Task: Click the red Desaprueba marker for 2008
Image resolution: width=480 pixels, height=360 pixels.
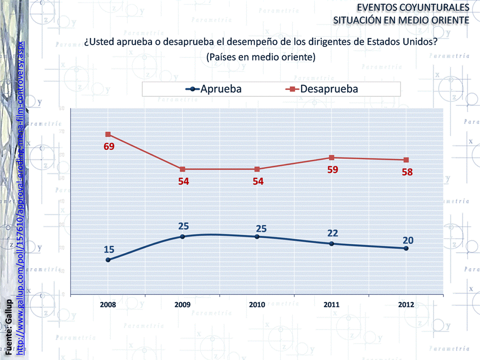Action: pos(108,134)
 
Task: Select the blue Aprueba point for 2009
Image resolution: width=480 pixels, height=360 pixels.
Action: pos(183,236)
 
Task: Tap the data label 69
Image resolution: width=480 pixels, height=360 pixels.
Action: pos(109,147)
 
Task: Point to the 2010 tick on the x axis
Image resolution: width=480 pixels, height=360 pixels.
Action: pos(257,304)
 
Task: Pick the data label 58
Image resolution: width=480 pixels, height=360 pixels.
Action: pos(407,172)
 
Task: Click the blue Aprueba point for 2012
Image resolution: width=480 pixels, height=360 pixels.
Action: pos(406,248)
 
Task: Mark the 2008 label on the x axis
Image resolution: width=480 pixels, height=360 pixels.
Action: pos(108,304)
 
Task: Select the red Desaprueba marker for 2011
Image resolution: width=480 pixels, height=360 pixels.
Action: pos(332,158)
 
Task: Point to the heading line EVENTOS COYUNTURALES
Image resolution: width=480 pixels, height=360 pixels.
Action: pos(413,8)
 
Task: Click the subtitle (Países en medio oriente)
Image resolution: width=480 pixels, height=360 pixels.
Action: pos(260,57)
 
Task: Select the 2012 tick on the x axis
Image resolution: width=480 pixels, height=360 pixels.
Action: pos(406,304)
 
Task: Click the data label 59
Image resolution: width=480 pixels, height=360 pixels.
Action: pos(332,170)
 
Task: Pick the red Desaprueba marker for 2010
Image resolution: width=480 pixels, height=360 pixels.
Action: pos(257,169)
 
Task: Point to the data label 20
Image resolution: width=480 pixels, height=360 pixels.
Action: pos(408,240)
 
